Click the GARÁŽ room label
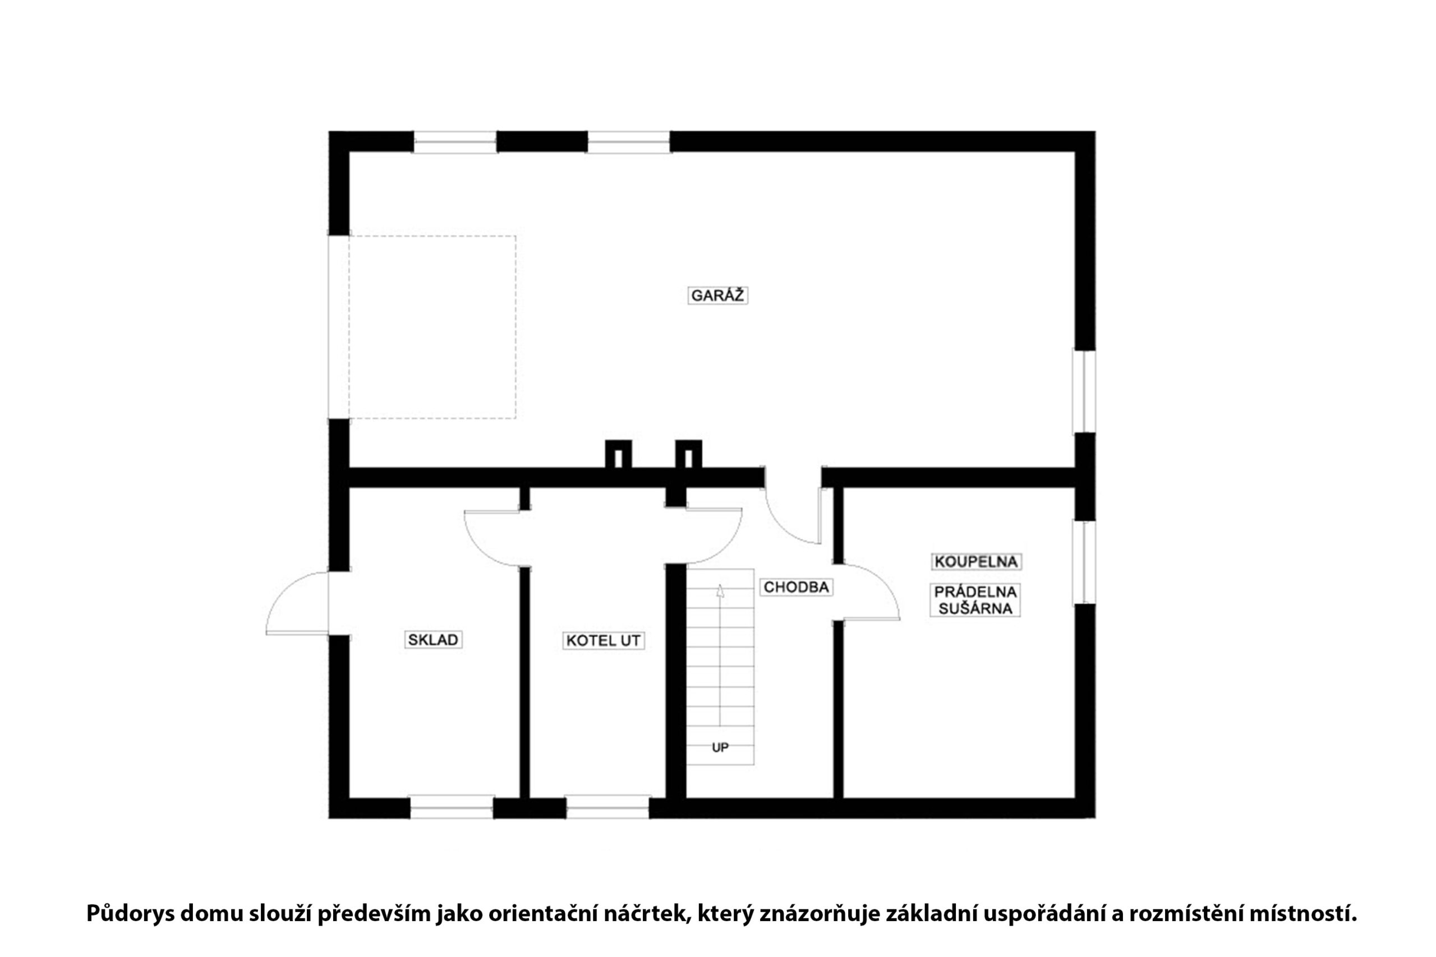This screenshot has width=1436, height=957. pos(717,295)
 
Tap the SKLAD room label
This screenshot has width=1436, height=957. pos(433,640)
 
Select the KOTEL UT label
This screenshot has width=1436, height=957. pos(603,640)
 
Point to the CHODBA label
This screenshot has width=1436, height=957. pos(796,587)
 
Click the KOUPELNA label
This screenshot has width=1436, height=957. pos(976,562)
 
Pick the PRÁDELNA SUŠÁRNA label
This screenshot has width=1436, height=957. pos(975,600)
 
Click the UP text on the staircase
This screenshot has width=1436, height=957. pos(720,748)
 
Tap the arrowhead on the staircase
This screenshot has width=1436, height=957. pos(720,590)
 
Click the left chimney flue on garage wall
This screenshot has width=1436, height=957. pos(618,455)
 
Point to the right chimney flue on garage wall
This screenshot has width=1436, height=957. pos(689,455)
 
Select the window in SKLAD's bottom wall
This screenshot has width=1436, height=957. pos(451,807)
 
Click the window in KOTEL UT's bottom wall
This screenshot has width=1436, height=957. pos(608,807)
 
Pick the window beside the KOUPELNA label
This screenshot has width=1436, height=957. pos(1084,562)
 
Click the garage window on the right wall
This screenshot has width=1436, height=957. pos(1084,391)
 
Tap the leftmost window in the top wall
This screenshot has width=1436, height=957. pos(455,142)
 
